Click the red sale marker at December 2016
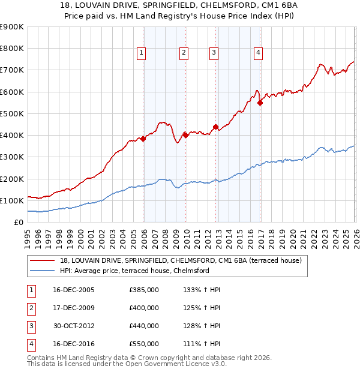[x=260, y=103]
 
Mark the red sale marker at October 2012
[x=215, y=127]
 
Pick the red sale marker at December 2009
[x=185, y=135]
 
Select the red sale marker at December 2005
[x=143, y=139]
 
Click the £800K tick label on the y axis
[x=11, y=49]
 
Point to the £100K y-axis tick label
[x=11, y=200]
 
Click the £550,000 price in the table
[x=144, y=344]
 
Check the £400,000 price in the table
[x=144, y=308]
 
